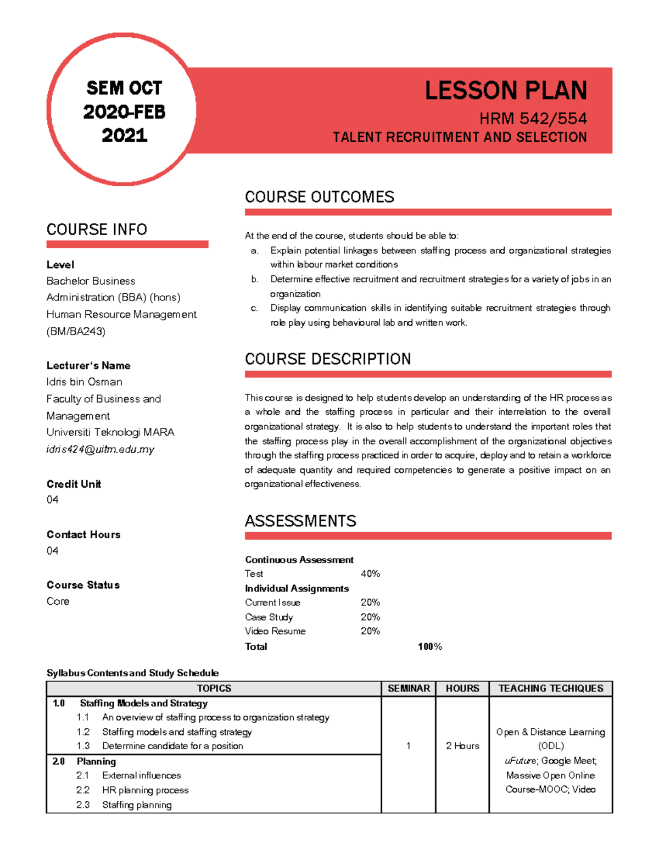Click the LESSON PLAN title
click(x=505, y=91)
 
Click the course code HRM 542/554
click(x=533, y=119)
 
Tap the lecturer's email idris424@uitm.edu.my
click(x=100, y=449)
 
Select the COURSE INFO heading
click(x=97, y=230)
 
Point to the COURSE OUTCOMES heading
click(x=319, y=197)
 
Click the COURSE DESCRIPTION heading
click(x=327, y=359)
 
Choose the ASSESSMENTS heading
click(x=300, y=521)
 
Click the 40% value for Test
click(x=370, y=574)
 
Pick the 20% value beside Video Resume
click(x=370, y=632)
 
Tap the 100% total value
click(x=429, y=647)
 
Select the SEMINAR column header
click(x=409, y=689)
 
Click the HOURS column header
click(x=462, y=689)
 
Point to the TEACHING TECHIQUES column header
click(x=550, y=689)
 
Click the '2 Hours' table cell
click(x=462, y=746)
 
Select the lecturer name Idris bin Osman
click(x=85, y=382)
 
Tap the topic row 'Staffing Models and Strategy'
click(x=143, y=704)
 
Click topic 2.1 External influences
click(x=141, y=776)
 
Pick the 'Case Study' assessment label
click(x=269, y=617)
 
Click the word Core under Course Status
click(x=58, y=601)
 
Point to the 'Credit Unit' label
click(x=74, y=484)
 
